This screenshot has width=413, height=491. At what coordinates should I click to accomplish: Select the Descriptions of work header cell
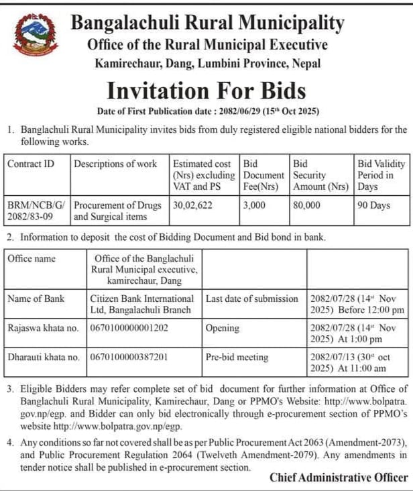pos(115,164)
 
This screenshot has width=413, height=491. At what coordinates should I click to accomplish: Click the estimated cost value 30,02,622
pos(192,205)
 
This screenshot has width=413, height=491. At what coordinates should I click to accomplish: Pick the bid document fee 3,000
pos(254,205)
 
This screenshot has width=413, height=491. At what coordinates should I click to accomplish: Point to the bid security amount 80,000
pos(306,205)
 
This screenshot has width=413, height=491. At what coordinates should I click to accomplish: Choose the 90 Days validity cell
pos(374,205)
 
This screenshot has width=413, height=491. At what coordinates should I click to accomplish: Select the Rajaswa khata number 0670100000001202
pos(129,328)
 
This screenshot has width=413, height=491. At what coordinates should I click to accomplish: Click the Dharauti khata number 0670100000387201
pos(129,358)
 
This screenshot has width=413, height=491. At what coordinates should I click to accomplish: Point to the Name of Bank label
pos(36,298)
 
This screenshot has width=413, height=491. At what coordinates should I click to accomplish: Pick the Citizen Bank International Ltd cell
pos(142,304)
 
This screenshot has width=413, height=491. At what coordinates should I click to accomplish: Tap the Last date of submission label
pos(251,298)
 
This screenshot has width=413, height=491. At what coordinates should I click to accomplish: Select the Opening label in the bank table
pos(223,328)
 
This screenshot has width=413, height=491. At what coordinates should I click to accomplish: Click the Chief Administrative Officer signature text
pos(338,478)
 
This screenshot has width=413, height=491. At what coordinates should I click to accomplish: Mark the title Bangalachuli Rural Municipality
pos(207,23)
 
